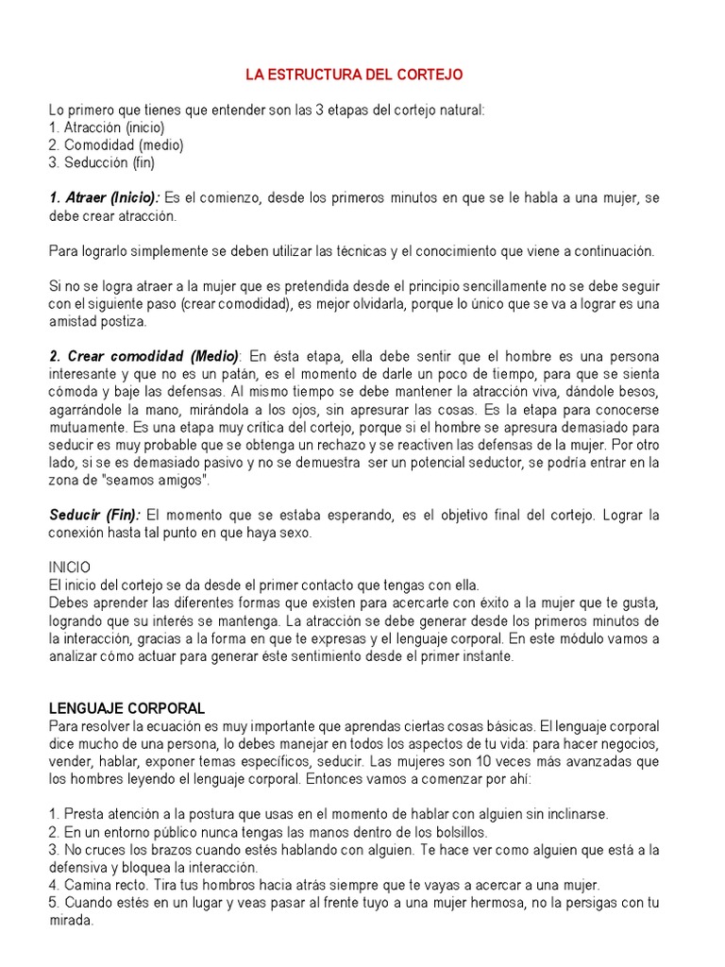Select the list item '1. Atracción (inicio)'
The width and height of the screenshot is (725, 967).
coord(107,127)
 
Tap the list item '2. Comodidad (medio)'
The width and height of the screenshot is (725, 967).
coord(116,144)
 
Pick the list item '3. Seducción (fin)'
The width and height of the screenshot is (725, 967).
coord(101,162)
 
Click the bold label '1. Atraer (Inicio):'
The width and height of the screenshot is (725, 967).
coord(105,197)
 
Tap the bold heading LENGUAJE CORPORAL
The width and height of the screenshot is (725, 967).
coord(126,708)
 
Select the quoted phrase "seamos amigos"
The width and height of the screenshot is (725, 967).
coord(166,480)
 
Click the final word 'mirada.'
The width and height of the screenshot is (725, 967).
coord(71,920)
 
